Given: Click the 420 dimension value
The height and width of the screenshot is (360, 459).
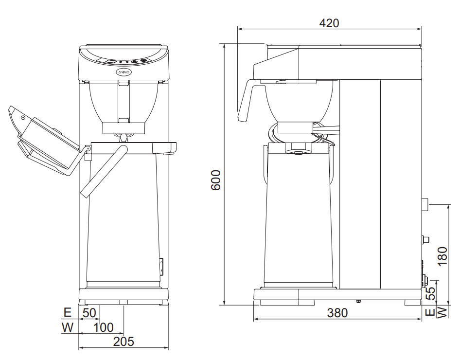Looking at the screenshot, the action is click(x=329, y=23).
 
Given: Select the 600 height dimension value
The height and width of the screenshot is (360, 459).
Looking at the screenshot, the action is click(x=216, y=180).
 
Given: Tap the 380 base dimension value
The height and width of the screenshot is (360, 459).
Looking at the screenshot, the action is click(x=337, y=313).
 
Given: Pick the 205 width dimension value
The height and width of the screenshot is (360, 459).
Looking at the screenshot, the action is click(x=124, y=342).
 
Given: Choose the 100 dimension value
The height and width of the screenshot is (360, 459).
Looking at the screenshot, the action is click(x=104, y=327).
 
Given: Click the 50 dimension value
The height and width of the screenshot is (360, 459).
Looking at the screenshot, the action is click(x=89, y=313).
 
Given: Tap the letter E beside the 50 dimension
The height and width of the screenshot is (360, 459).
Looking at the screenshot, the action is click(x=67, y=313).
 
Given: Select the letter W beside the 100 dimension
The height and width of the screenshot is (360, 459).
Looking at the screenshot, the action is click(x=67, y=327).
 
